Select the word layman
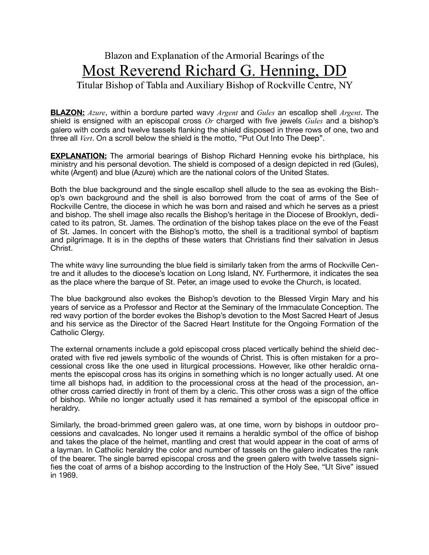coord(69,450)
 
